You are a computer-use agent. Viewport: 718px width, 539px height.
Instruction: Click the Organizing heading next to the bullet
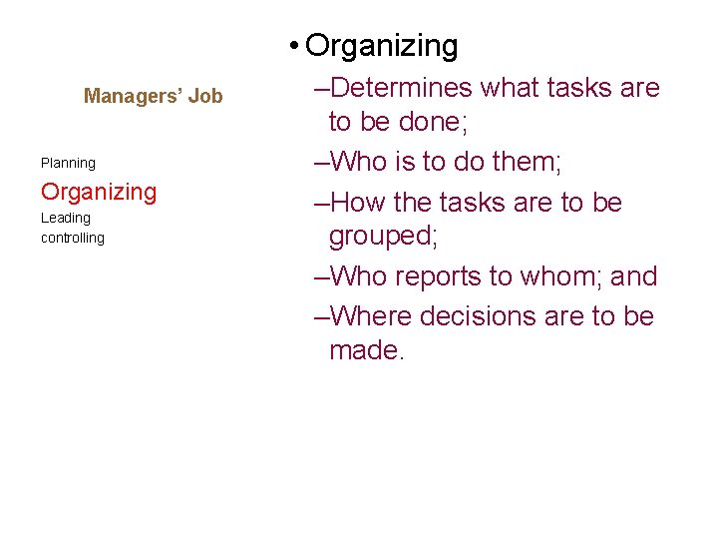click(x=382, y=45)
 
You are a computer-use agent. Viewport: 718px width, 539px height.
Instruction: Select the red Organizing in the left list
click(x=99, y=192)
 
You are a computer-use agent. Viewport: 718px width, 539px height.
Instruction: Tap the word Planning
click(x=68, y=163)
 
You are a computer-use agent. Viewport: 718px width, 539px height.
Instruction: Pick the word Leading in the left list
click(x=65, y=218)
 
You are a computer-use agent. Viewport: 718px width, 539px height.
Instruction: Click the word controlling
click(x=72, y=238)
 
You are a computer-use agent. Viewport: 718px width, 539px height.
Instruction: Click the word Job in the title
click(x=204, y=96)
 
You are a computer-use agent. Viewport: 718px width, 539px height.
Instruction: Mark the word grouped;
click(x=384, y=237)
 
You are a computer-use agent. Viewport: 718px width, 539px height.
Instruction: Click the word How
click(x=358, y=202)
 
